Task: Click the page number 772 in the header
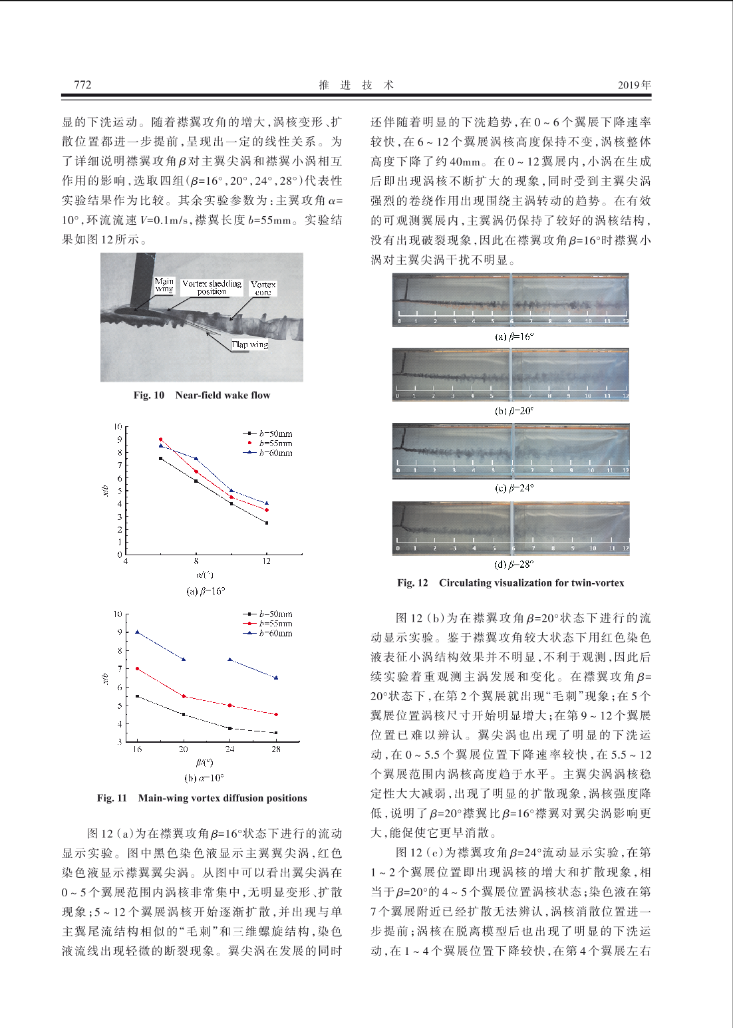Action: point(82,84)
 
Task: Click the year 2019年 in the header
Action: point(634,84)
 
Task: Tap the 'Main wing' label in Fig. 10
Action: point(164,285)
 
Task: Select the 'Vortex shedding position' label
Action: point(212,287)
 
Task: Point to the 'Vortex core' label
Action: point(263,288)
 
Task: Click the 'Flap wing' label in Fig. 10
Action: point(250,344)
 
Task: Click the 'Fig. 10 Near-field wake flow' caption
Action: point(202,395)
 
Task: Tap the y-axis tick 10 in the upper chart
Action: point(118,426)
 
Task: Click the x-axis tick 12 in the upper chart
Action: point(267,561)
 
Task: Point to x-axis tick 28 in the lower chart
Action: point(276,749)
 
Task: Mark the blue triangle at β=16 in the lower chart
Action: point(137,632)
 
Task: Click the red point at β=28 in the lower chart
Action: point(276,714)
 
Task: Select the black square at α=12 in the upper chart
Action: point(267,523)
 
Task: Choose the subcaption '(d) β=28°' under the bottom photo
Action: point(514,565)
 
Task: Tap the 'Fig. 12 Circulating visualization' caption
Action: point(510,583)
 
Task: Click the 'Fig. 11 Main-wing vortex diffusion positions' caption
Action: point(202,798)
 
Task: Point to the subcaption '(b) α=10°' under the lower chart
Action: point(204,777)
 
